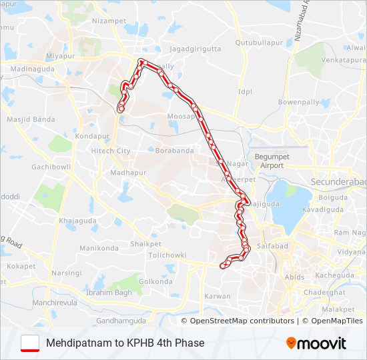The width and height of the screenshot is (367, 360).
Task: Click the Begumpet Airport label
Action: [269, 161]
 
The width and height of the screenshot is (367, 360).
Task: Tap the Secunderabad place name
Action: [339, 181]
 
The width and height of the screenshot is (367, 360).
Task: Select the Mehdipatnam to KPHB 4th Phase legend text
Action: [125, 343]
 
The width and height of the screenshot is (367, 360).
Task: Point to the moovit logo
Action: [316, 343]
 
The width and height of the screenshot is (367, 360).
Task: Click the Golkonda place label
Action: [155, 281]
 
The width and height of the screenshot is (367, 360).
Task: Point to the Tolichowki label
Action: [167, 255]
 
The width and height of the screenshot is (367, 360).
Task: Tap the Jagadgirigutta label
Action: [194, 48]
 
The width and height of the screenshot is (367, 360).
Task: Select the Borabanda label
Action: [174, 151]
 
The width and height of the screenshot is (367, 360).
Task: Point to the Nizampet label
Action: [108, 21]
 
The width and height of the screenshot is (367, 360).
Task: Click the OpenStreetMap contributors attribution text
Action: [242, 321]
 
